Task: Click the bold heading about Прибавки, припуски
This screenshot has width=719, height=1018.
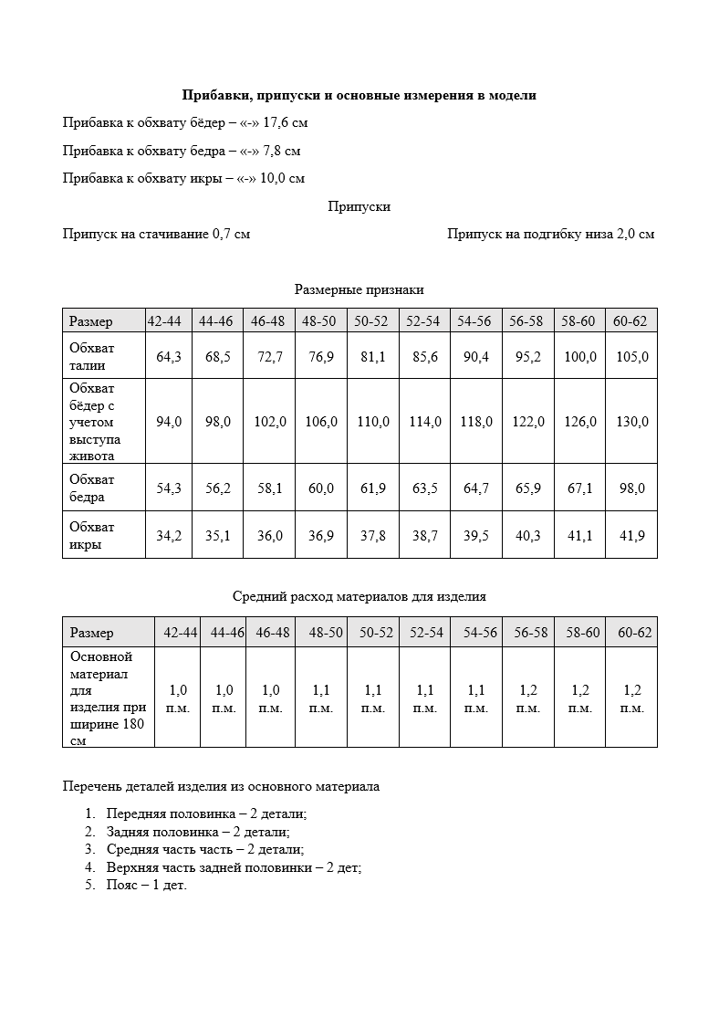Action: click(x=359, y=95)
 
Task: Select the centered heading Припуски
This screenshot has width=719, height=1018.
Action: click(x=359, y=206)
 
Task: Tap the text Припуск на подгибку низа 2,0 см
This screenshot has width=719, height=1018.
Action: click(x=550, y=234)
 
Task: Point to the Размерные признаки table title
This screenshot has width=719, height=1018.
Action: click(x=359, y=289)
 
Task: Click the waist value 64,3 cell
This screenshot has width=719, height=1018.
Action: click(x=169, y=357)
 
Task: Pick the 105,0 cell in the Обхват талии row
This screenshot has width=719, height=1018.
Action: click(x=631, y=357)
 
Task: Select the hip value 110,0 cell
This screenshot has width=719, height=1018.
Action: click(x=372, y=422)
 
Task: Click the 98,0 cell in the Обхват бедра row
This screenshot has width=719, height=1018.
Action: click(x=631, y=488)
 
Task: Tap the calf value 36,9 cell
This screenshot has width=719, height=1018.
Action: click(x=321, y=536)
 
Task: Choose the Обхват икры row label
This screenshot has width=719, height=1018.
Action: click(x=93, y=536)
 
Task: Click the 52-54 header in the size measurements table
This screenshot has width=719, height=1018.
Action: click(x=423, y=321)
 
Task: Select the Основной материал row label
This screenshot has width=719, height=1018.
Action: click(x=107, y=698)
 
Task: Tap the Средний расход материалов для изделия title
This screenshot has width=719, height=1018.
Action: click(x=359, y=596)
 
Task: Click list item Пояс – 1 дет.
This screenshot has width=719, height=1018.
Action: click(x=146, y=886)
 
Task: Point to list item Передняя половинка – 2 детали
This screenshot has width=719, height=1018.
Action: click(x=206, y=813)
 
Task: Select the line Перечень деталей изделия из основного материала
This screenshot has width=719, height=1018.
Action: click(x=221, y=785)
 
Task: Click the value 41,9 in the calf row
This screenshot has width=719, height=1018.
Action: click(x=631, y=536)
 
